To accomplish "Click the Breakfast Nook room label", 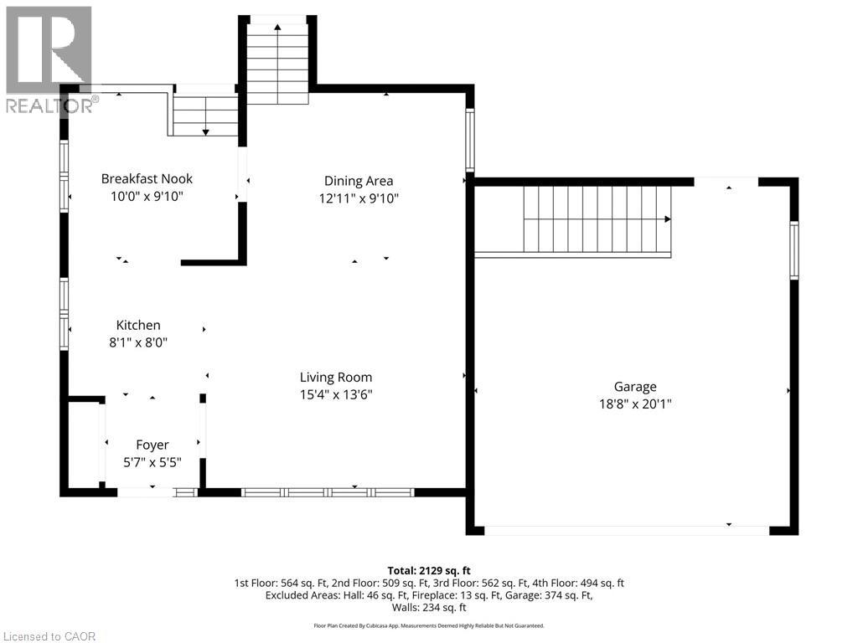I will coord(147,178).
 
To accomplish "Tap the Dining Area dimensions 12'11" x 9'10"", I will coord(359,198).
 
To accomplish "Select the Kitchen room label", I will coord(138,325).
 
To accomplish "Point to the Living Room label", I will coord(336,377).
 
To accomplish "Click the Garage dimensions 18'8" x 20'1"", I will coord(634,404).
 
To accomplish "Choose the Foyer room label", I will coord(152,445).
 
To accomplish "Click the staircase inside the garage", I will coord(597,219).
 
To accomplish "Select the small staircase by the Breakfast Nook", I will coord(205,116).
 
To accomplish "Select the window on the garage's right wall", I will coord(793,249).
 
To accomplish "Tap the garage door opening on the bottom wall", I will coord(627,530).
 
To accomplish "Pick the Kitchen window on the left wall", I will coord(64,314).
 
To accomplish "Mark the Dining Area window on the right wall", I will coord(470,140).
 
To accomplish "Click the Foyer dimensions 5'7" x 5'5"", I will coord(152,461).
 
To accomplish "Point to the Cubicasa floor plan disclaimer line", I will coord(429,625).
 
